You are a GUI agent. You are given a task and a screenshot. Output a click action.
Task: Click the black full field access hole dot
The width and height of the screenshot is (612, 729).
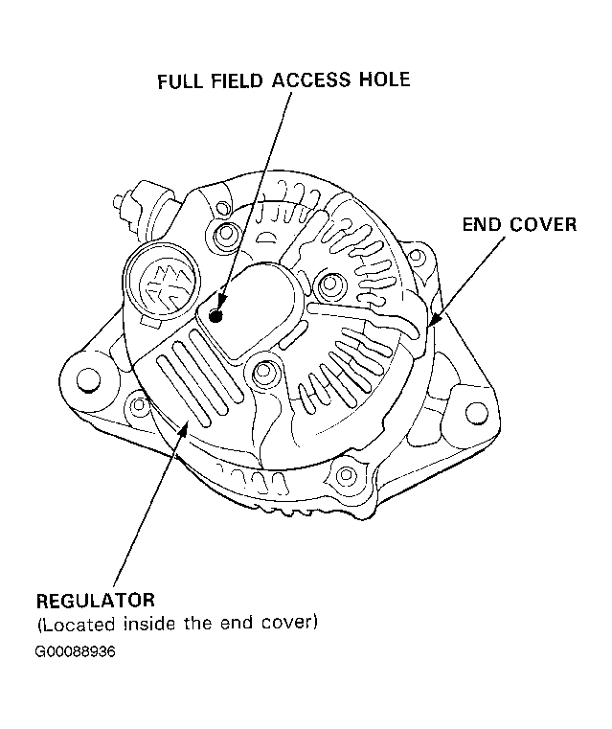point(215,316)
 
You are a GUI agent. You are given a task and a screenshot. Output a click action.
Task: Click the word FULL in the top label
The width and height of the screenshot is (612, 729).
point(180,81)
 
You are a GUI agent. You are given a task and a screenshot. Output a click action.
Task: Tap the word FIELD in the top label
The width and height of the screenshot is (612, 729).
point(237,81)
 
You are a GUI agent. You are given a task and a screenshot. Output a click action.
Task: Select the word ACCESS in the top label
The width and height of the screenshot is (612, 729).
point(311,80)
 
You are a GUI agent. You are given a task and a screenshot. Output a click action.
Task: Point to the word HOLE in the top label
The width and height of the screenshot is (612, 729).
point(384,80)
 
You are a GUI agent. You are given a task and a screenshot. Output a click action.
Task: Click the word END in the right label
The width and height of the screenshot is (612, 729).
point(482,224)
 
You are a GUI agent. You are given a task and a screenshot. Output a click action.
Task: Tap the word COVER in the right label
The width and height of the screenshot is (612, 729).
point(543,224)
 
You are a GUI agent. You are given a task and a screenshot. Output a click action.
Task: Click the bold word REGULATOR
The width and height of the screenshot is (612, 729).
point(95,601)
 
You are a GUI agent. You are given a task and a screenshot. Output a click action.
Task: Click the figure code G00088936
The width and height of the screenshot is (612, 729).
point(76,651)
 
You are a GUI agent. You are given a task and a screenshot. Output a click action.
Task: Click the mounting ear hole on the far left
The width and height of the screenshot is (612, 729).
point(88,380)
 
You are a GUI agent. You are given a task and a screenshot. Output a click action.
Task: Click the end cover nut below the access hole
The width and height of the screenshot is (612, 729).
point(263,371)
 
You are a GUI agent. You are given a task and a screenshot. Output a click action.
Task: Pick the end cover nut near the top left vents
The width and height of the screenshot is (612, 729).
point(226,232)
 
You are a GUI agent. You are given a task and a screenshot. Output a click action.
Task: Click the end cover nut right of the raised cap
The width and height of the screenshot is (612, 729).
point(330,284)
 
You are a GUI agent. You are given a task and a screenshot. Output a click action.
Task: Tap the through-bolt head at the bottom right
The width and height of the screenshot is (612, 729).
point(346,475)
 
